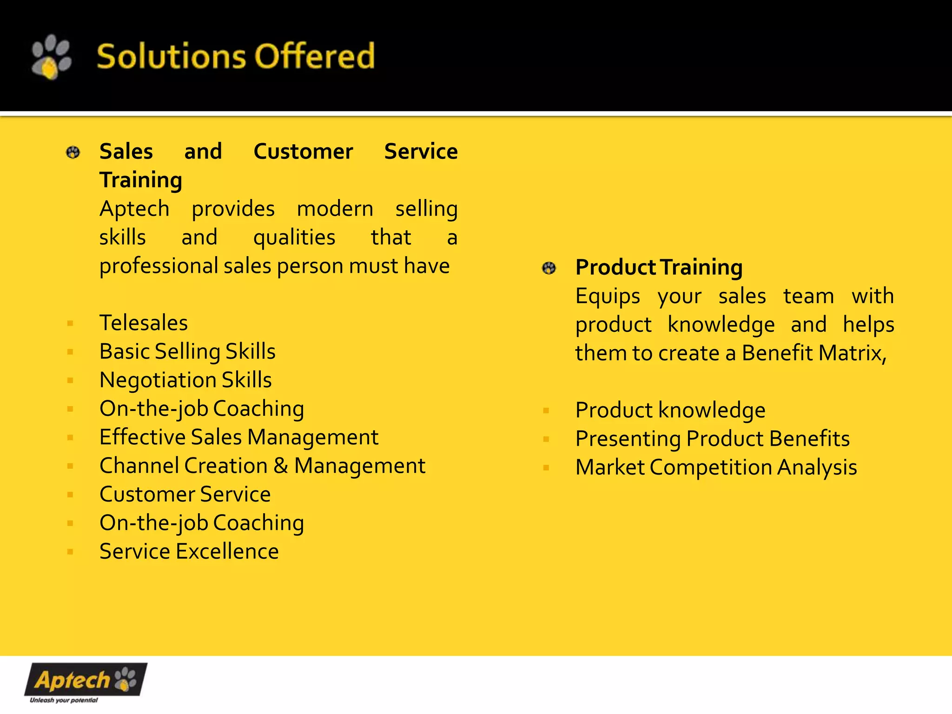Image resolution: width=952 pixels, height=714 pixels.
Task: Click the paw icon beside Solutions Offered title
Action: point(51,57)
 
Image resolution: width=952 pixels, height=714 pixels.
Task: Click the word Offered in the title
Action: point(315,56)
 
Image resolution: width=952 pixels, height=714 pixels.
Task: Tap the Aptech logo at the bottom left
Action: point(86,680)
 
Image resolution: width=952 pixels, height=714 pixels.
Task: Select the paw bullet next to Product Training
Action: point(549,268)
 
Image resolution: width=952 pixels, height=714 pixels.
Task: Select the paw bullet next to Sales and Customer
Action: point(73,152)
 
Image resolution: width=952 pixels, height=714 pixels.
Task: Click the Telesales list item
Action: point(143,323)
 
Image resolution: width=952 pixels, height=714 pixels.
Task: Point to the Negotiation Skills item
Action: point(185,380)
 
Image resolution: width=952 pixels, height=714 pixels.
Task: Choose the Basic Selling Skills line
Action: point(187,351)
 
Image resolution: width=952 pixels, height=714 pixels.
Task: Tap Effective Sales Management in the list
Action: point(239,437)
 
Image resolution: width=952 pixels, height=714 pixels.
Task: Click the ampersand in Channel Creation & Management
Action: point(280,465)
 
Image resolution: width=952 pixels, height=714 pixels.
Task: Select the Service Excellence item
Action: point(189,551)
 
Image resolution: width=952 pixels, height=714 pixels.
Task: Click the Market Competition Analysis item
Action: point(716,467)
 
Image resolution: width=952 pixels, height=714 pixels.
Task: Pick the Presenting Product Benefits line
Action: point(712,438)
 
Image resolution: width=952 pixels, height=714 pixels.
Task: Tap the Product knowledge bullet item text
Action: point(670,410)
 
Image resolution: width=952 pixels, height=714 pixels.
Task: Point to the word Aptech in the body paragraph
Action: point(134,209)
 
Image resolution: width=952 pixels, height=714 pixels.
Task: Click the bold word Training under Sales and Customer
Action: point(141,180)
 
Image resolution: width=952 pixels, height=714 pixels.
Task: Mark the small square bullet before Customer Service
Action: point(70,495)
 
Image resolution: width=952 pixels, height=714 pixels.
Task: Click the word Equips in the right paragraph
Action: point(608,296)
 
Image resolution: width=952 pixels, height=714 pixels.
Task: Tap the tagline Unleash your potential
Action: point(64,700)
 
